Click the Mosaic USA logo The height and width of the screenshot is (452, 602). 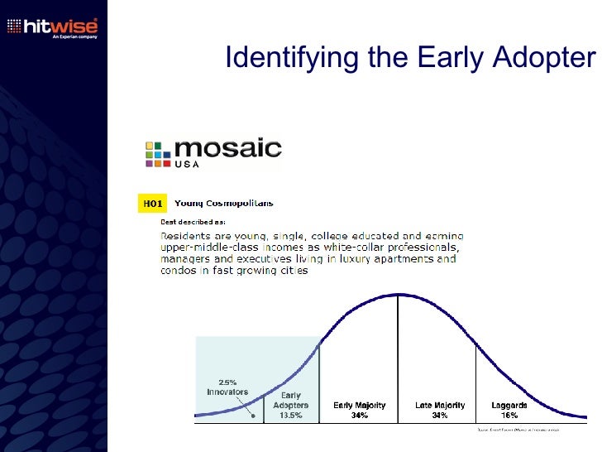(213, 153)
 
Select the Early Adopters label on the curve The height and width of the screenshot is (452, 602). (290, 401)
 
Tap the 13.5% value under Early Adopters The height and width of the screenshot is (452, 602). (290, 416)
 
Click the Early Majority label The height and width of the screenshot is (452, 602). (359, 406)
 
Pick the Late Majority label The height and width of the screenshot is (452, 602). (440, 406)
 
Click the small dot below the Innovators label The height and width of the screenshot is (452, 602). (253, 416)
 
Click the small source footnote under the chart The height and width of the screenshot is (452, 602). (518, 430)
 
